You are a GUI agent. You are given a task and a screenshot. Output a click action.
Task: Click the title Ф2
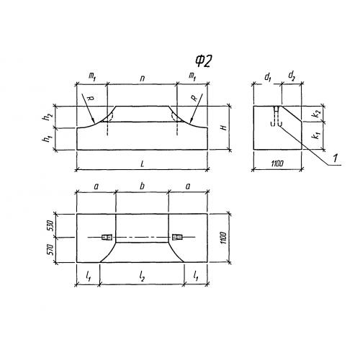coord(203,61)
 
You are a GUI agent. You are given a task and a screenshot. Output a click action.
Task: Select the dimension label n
coord(143,78)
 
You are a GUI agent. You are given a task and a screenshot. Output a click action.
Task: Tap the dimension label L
coord(143,164)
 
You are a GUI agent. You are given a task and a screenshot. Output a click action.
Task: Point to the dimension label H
coord(224,127)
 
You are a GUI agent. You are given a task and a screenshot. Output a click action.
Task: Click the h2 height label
coord(49,117)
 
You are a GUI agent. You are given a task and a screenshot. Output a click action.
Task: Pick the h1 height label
coord(49,138)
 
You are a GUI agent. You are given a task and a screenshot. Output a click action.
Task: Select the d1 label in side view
coord(268,77)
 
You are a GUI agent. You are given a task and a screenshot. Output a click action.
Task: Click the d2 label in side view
coord(292,76)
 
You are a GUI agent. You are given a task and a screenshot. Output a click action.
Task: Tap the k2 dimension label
coord(317,114)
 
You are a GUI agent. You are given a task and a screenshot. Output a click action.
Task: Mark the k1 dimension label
coord(317,136)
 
